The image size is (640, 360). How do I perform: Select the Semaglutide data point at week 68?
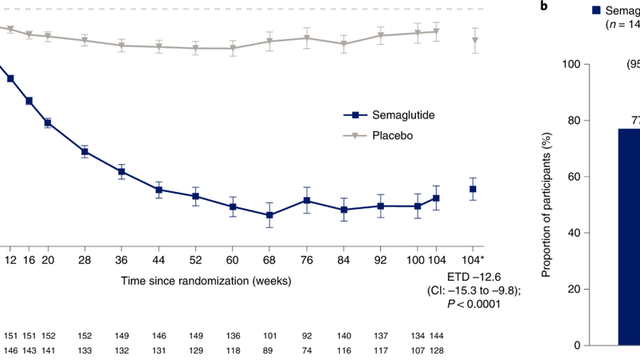(x=270, y=215)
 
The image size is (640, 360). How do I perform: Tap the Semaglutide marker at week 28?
(x=85, y=151)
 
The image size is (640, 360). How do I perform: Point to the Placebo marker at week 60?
(x=233, y=48)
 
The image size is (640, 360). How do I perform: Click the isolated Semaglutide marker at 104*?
(x=473, y=190)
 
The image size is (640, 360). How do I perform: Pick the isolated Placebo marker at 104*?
(x=475, y=40)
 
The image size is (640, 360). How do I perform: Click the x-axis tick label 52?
(x=195, y=261)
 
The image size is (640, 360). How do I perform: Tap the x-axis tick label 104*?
(x=473, y=261)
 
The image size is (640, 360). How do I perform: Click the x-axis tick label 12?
(x=10, y=261)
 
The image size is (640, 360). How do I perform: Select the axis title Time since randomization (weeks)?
(x=206, y=281)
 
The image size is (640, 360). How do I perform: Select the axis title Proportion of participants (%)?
(x=546, y=204)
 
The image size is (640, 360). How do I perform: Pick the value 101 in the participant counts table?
(x=270, y=335)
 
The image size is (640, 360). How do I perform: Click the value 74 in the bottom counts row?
(x=306, y=350)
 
